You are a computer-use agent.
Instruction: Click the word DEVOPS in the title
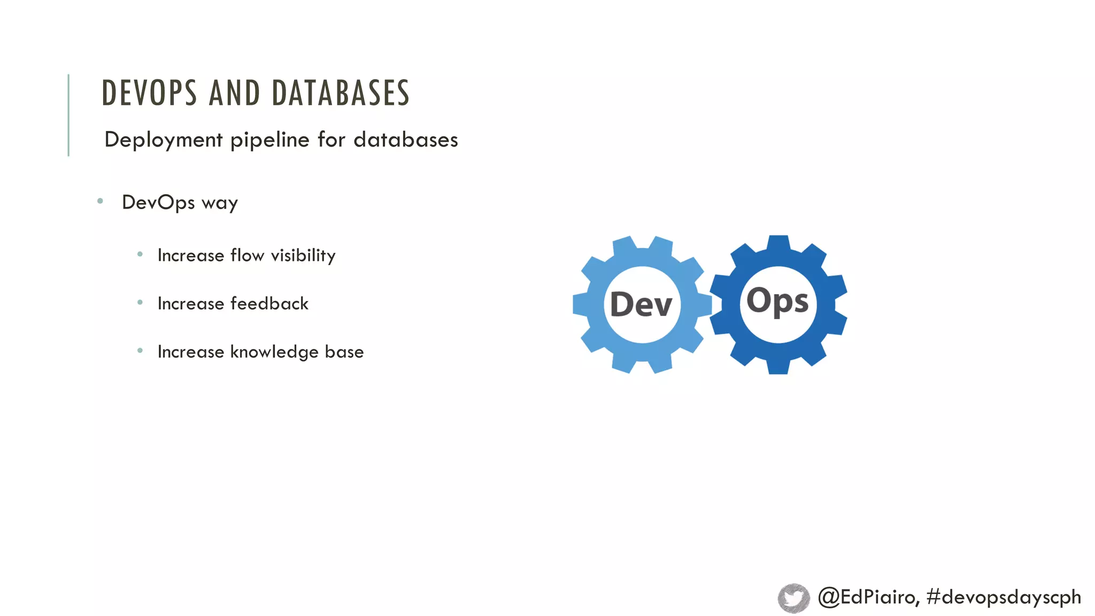click(x=149, y=93)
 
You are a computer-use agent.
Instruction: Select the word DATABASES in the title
click(x=341, y=93)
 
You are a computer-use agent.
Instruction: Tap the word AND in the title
click(x=234, y=93)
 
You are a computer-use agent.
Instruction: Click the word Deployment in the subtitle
click(x=163, y=140)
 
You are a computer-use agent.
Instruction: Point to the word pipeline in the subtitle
click(x=269, y=140)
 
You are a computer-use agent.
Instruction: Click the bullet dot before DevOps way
click(x=100, y=202)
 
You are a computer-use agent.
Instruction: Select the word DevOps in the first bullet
click(x=158, y=203)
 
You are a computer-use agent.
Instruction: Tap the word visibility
click(x=303, y=256)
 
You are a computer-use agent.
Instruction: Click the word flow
click(x=247, y=256)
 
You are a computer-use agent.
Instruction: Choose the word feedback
click(x=269, y=304)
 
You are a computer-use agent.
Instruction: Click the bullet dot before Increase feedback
click(x=140, y=303)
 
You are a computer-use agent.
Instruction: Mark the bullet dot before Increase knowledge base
click(x=140, y=351)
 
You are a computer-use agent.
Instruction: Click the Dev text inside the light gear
click(x=641, y=305)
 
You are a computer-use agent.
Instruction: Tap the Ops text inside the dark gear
click(x=777, y=302)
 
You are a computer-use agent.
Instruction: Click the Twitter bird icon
click(x=793, y=598)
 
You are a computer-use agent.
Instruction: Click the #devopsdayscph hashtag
click(x=1004, y=597)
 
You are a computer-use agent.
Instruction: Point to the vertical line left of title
click(x=68, y=115)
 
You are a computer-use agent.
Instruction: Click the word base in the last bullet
click(x=344, y=352)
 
